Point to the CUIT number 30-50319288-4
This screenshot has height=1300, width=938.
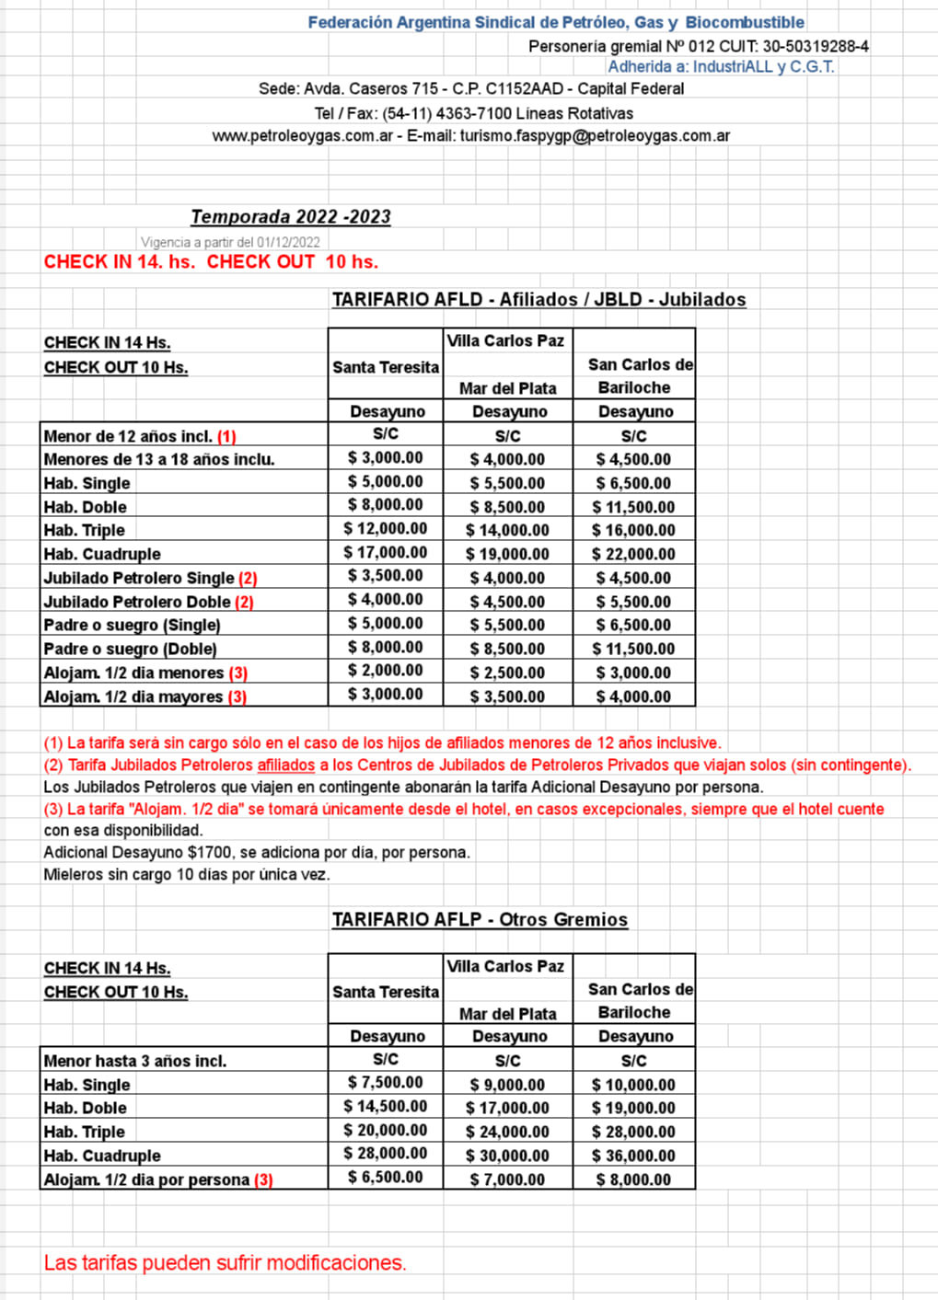pyautogui.click(x=815, y=46)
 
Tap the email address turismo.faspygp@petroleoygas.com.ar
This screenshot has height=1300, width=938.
pyautogui.click(x=595, y=136)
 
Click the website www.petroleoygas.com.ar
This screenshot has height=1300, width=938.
pyautogui.click(x=302, y=136)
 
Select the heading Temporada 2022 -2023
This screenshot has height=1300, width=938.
pyautogui.click(x=291, y=217)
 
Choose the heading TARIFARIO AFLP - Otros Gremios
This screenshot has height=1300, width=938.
pyautogui.click(x=480, y=920)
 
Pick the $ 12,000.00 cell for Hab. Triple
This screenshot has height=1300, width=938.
pyautogui.click(x=386, y=529)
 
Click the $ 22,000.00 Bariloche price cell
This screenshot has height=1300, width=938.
pyautogui.click(x=633, y=554)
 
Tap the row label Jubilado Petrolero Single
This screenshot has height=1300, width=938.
pyautogui.click(x=139, y=578)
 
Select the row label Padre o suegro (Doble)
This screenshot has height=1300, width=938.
pyautogui.click(x=130, y=649)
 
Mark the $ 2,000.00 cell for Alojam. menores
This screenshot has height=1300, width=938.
pyautogui.click(x=386, y=672)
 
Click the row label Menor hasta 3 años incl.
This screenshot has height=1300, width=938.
pyautogui.click(x=134, y=1061)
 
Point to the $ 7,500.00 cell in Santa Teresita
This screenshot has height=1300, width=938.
pyautogui.click(x=386, y=1083)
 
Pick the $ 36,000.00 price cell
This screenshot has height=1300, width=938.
pyautogui.click(x=633, y=1156)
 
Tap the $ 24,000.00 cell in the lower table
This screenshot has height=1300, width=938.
pyautogui.click(x=507, y=1133)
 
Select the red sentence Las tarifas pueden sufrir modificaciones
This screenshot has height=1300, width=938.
pyautogui.click(x=225, y=1263)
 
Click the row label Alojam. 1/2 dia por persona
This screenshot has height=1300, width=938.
pyautogui.click(x=146, y=1179)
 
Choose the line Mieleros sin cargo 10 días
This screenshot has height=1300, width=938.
pyautogui.click(x=186, y=875)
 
